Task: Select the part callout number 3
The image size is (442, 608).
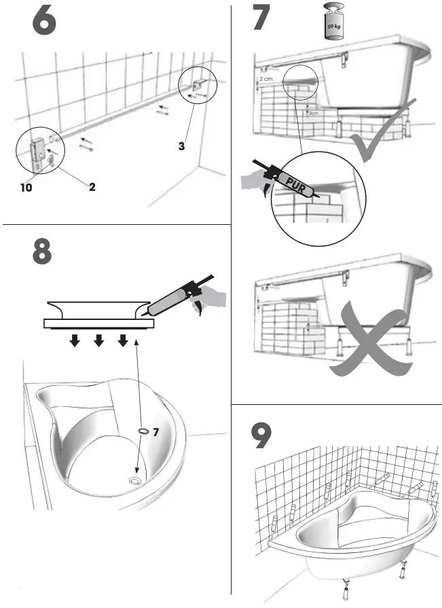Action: pyautogui.click(x=181, y=145)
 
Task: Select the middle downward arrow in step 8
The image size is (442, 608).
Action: pyautogui.click(x=98, y=339)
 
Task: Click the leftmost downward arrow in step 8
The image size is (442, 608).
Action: pyautogui.click(x=75, y=339)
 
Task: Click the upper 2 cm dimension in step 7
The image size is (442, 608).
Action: pyautogui.click(x=266, y=79)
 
